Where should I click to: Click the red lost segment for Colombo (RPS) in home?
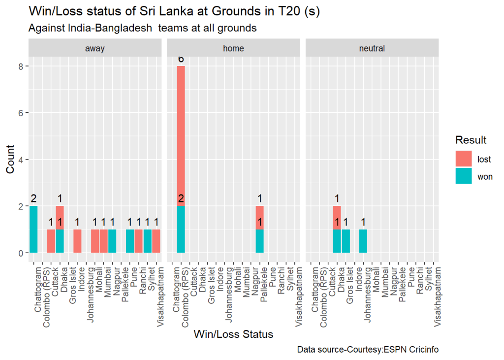[x=181, y=136]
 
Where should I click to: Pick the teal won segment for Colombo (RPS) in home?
[x=181, y=229]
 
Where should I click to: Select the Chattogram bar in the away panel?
[x=33, y=229]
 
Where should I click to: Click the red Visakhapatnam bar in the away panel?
[x=157, y=241]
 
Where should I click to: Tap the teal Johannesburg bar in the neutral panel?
[x=363, y=241]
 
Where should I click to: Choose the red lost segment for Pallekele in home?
[x=260, y=218]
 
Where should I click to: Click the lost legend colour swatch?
[x=464, y=159]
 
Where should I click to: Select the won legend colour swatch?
[x=464, y=176]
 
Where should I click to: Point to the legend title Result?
[x=471, y=140]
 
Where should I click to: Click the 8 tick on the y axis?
[x=21, y=66]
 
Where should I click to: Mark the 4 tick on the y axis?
[x=21, y=160]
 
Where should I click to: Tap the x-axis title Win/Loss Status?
[x=233, y=334]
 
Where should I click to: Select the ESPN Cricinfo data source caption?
[x=368, y=350]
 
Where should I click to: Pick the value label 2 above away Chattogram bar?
[x=33, y=198]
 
